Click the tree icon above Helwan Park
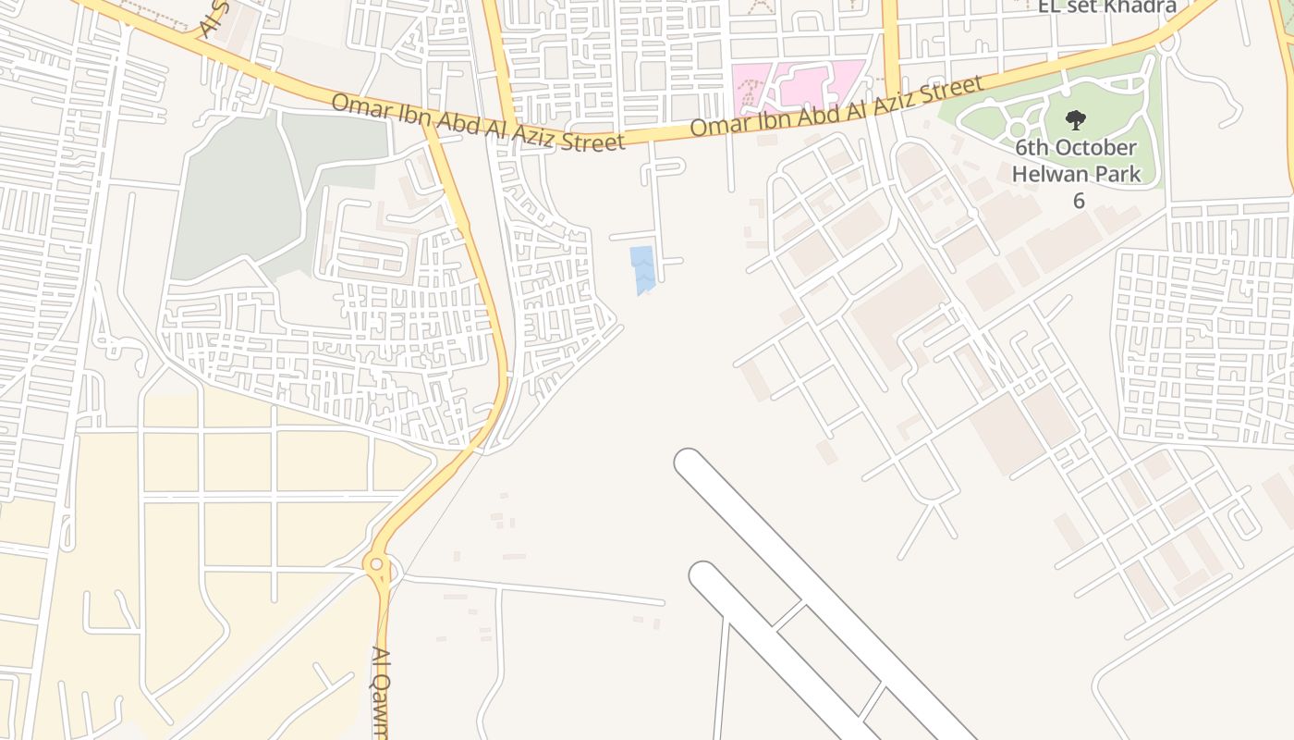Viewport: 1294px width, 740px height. (1075, 119)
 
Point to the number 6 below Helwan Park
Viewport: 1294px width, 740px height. (1078, 200)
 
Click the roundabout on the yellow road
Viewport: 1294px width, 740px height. (375, 563)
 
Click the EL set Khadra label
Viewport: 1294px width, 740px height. (1106, 6)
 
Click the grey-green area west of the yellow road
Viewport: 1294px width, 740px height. (236, 203)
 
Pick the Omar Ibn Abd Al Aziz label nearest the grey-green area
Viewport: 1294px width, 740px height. (478, 122)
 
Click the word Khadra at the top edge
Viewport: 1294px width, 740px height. (1140, 6)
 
